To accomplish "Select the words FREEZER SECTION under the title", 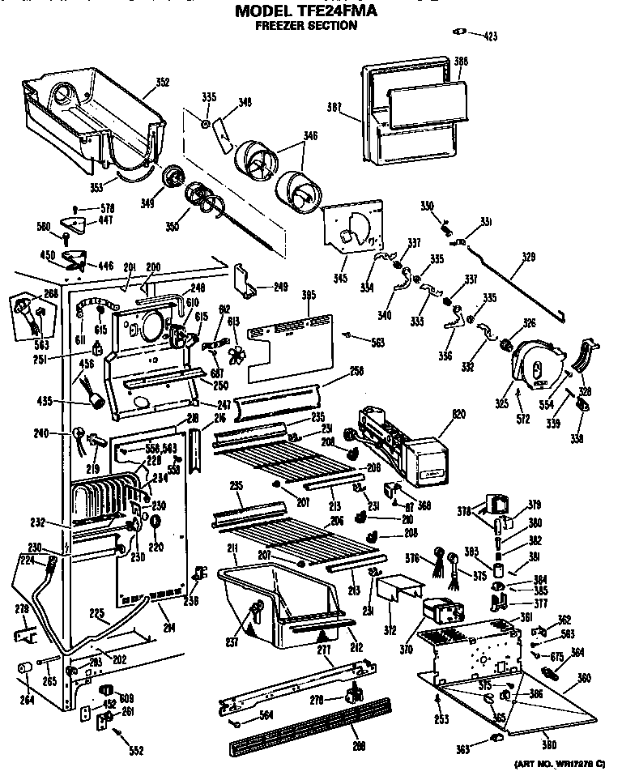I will tap(306, 26).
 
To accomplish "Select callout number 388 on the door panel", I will tap(461, 61).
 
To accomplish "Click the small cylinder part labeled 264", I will tap(24, 668).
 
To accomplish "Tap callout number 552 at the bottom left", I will tap(135, 751).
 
